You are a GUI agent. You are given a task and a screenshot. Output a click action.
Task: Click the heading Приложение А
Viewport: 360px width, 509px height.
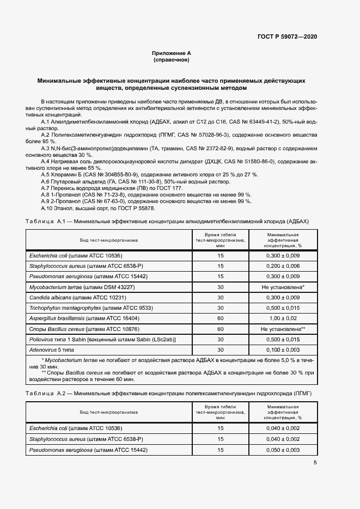(x=172, y=53)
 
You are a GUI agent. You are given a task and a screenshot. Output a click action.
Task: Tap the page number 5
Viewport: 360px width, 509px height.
(x=315, y=462)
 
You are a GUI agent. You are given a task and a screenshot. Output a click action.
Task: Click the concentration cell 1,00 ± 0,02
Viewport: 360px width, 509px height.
(x=283, y=318)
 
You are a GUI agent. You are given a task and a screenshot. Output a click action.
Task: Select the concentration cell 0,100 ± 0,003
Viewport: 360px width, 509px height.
(x=283, y=349)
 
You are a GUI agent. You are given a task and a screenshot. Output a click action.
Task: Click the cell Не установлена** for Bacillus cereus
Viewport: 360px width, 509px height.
(x=283, y=329)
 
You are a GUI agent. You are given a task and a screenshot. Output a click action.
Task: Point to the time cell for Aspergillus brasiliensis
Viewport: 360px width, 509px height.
(x=221, y=318)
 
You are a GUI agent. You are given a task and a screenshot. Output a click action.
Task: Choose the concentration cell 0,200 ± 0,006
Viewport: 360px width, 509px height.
(x=283, y=266)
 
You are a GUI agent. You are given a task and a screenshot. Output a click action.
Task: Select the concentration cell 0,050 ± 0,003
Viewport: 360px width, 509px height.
(x=283, y=450)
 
